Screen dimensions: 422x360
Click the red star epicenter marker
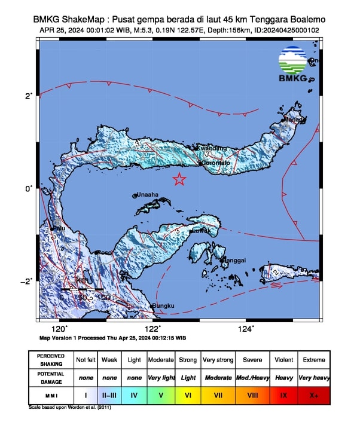tap(179, 179)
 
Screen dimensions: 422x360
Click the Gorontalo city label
tap(215, 163)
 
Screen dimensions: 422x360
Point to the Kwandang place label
tap(212, 148)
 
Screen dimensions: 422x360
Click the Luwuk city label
tap(200, 231)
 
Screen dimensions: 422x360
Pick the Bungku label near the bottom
tap(163, 306)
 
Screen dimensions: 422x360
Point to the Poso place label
tap(105, 253)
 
